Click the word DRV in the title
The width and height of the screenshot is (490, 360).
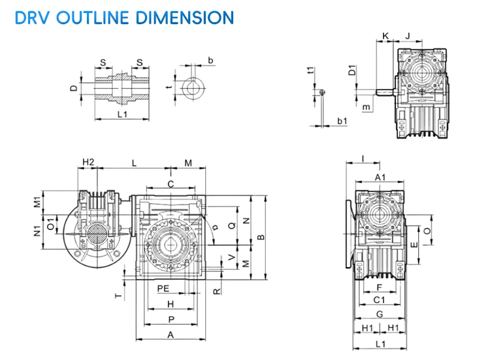(32, 17)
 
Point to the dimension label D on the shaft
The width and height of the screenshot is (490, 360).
(74, 88)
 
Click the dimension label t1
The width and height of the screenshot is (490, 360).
(313, 71)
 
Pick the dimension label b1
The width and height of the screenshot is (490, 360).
(342, 122)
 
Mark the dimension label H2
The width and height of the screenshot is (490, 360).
(89, 162)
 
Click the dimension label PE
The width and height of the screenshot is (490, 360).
(163, 287)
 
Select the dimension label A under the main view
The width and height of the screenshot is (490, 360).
(171, 335)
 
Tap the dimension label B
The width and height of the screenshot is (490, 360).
(261, 237)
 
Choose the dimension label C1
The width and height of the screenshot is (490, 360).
(380, 299)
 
